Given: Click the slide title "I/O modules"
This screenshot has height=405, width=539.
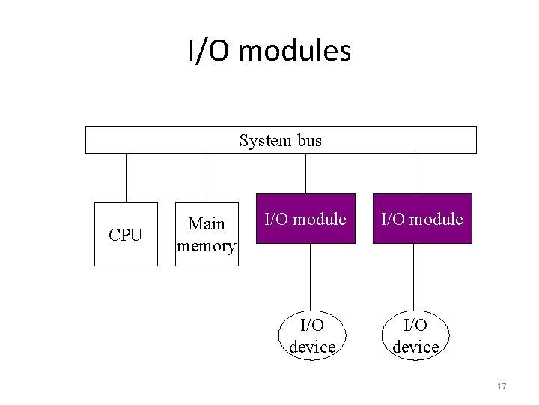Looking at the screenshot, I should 269,52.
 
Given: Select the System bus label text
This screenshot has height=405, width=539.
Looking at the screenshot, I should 280,140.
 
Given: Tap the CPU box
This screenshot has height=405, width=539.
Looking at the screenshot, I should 126,235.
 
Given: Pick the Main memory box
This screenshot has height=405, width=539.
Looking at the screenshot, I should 207,235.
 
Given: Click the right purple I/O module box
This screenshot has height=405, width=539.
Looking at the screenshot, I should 423,219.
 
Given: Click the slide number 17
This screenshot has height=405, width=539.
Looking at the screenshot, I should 501,386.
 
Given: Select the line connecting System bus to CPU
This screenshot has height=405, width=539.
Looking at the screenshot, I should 126,178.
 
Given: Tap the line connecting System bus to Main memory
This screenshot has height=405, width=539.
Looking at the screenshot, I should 207,178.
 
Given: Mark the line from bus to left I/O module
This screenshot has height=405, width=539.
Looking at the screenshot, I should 305,173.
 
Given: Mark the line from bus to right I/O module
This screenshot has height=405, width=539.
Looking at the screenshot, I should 418,173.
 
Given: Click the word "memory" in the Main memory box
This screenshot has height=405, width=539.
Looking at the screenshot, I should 206,245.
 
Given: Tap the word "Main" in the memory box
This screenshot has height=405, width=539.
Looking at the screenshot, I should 207,224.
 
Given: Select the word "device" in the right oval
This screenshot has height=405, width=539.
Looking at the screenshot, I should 415,346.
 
